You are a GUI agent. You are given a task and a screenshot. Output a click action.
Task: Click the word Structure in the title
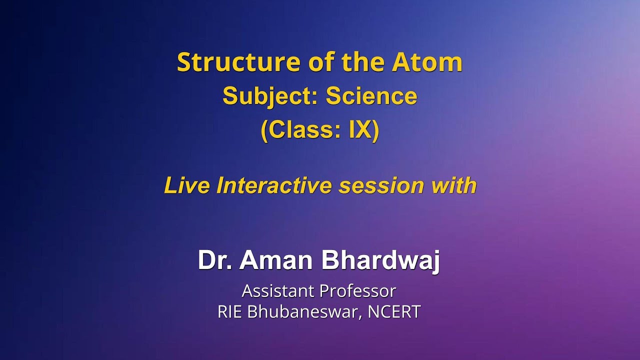click(x=239, y=62)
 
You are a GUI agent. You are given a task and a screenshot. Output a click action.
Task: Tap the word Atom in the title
click(x=427, y=62)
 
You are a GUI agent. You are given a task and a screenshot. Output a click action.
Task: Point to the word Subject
click(x=270, y=96)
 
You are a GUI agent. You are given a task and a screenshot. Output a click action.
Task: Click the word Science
click(x=371, y=96)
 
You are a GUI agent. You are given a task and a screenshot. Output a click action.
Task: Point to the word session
click(x=381, y=185)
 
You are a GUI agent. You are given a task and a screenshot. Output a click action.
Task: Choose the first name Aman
click(x=276, y=260)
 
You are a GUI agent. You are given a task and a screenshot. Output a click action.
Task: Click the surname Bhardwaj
click(x=380, y=261)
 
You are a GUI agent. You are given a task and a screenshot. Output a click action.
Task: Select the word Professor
click(x=357, y=291)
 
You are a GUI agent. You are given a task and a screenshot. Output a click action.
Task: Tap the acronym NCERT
click(x=394, y=311)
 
